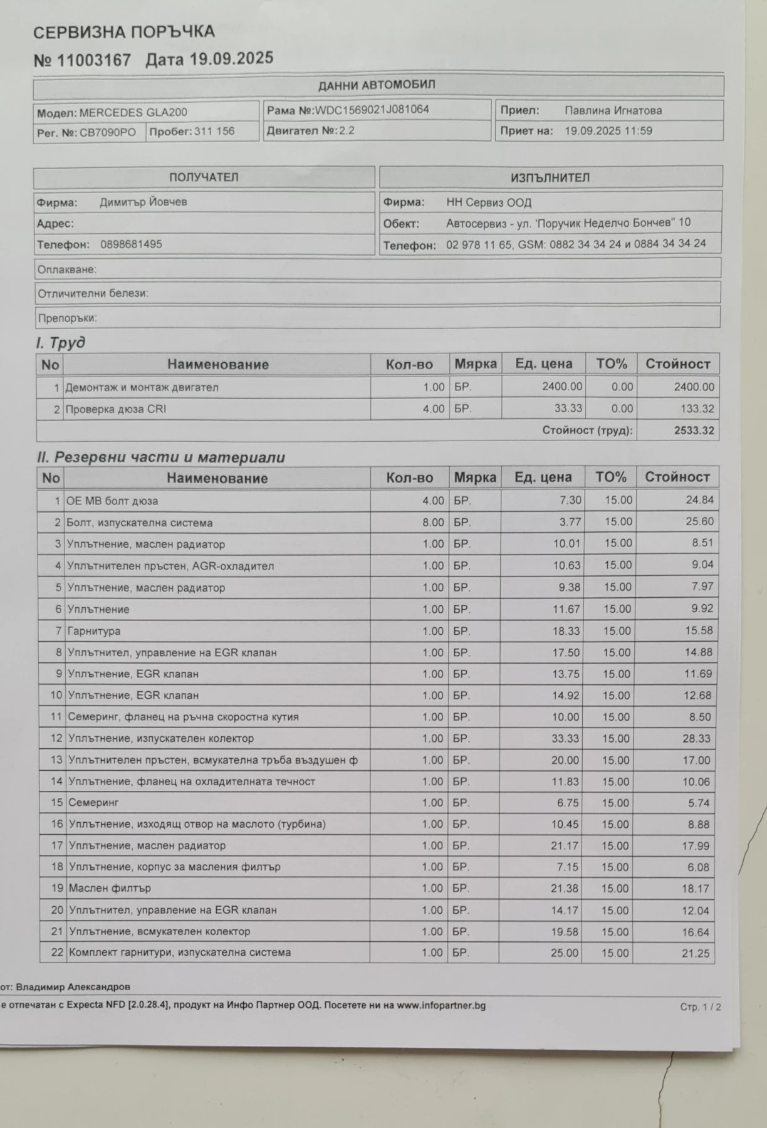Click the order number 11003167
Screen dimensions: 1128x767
[94, 61]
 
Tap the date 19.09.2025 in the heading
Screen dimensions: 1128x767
[231, 59]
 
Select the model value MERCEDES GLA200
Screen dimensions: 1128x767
[133, 113]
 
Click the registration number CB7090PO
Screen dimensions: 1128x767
[107, 133]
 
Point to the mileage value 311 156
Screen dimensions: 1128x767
[214, 132]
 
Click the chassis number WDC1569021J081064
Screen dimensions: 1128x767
[372, 110]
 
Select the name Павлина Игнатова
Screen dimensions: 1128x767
[613, 111]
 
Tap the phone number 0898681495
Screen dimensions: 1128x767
[131, 244]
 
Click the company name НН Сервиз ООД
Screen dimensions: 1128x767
[489, 202]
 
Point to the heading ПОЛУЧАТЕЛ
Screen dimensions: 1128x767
[204, 177]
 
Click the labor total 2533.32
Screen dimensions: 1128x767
[694, 431]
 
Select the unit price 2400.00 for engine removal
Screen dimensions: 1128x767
[561, 387]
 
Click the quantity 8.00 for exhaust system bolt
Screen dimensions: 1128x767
[433, 522]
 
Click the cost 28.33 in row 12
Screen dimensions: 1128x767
[696, 738]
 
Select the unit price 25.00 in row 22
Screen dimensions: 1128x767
[564, 953]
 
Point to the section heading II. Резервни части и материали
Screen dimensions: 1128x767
[160, 457]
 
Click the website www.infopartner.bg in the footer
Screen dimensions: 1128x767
[441, 1006]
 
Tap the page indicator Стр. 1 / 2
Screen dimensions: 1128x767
[701, 1007]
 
